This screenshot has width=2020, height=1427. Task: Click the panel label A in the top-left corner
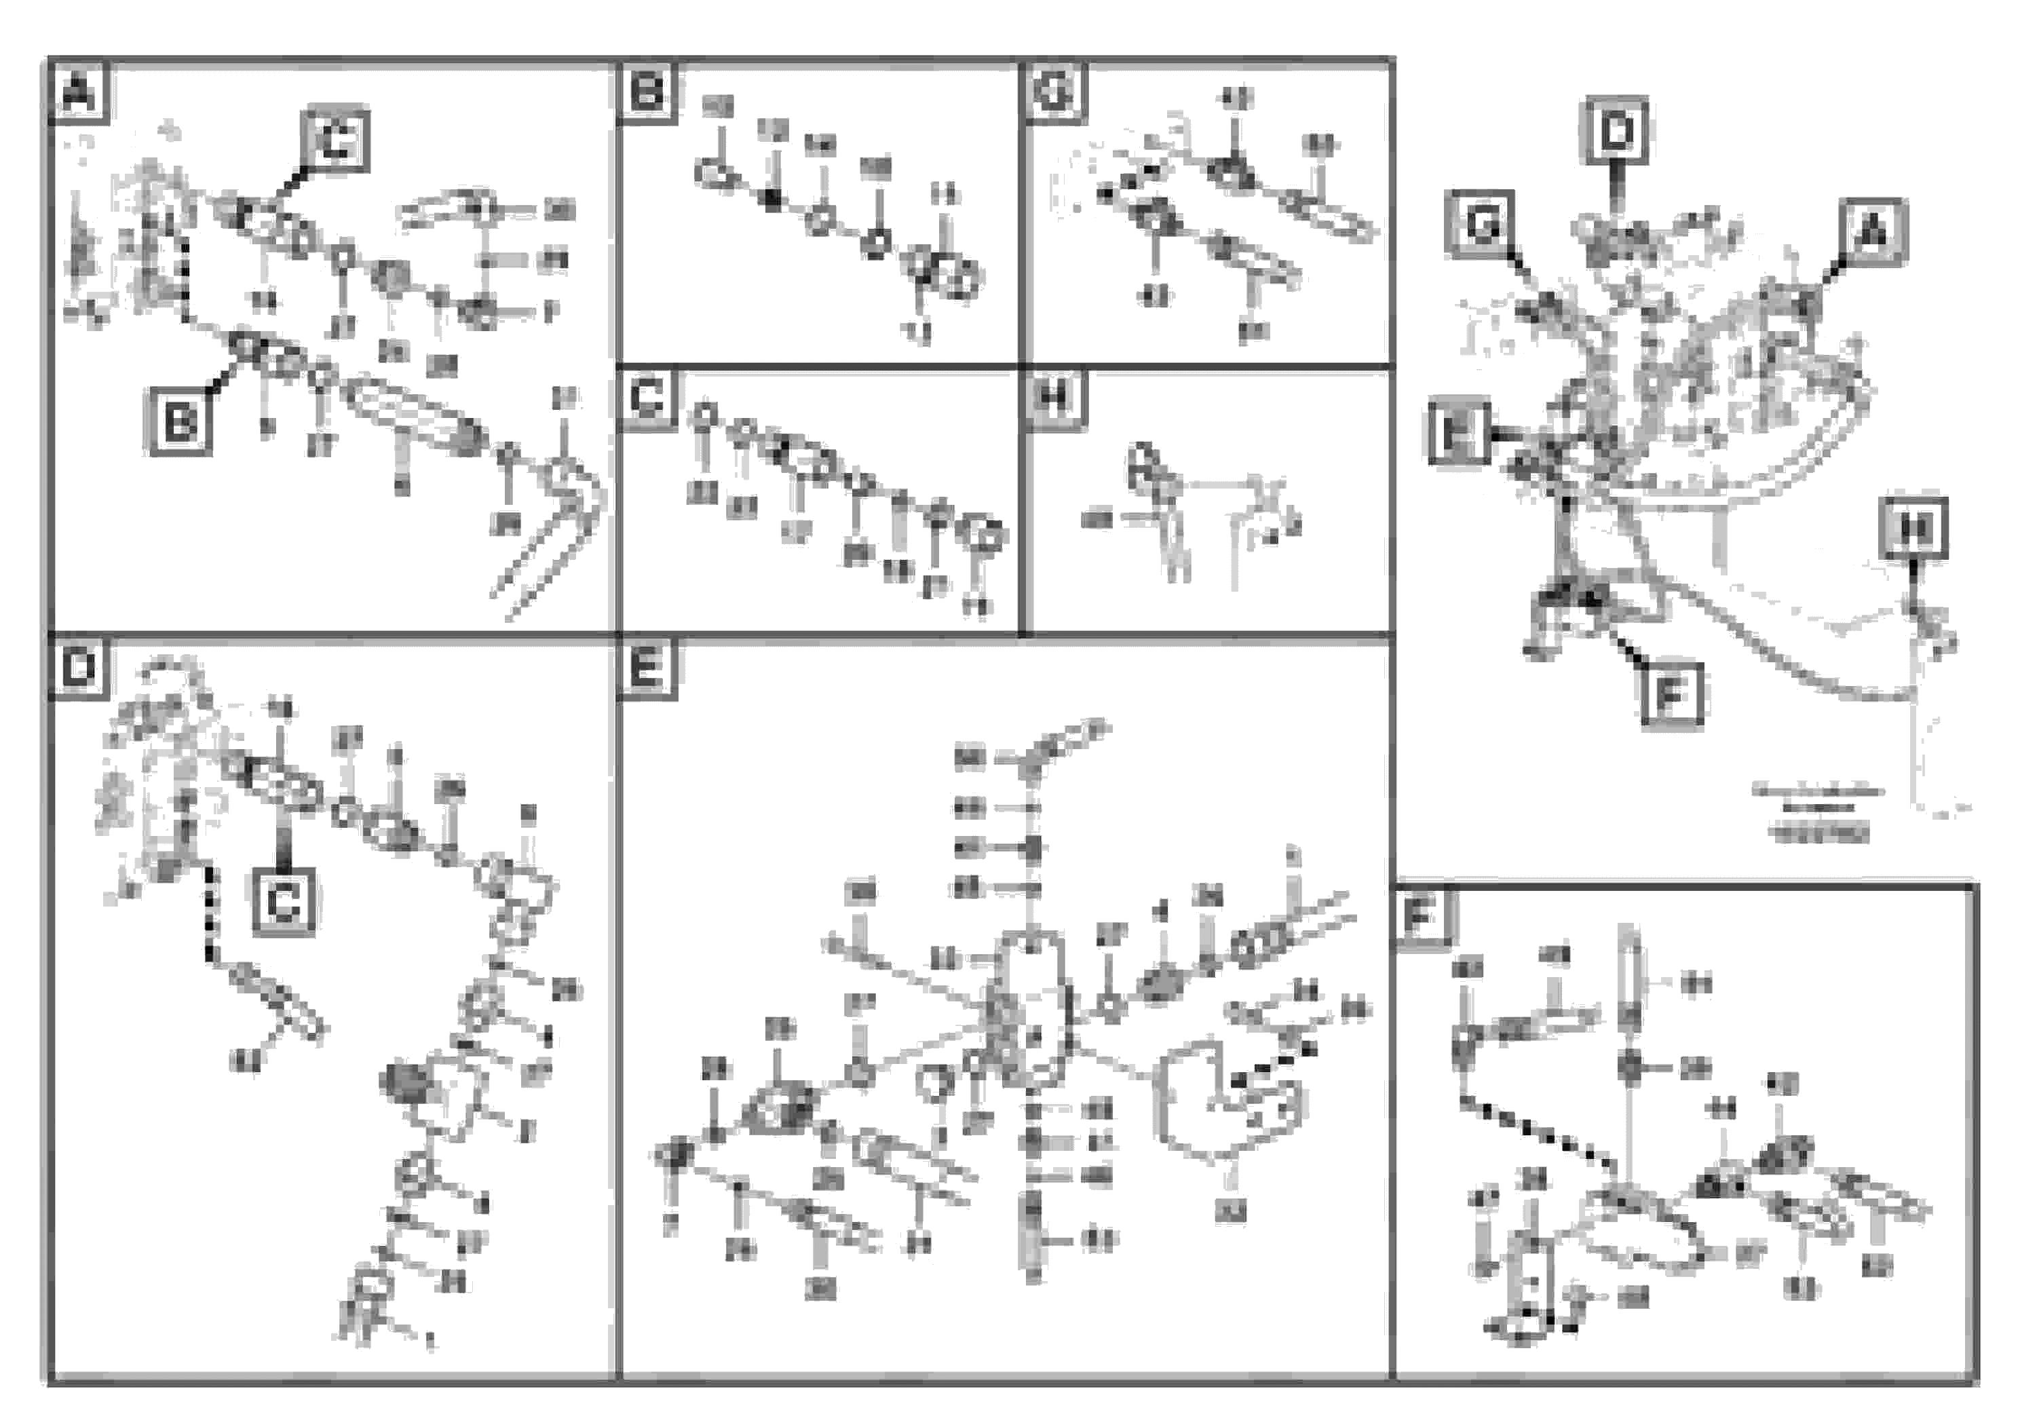coord(79,92)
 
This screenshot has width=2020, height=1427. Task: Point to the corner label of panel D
coord(79,668)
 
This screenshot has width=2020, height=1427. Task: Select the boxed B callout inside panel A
coord(180,422)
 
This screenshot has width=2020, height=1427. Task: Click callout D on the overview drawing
coord(1617,131)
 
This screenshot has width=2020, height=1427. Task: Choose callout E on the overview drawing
coord(1457,432)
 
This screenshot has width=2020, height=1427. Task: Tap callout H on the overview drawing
coord(1913,529)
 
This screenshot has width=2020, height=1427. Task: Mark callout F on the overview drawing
coord(1672,695)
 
